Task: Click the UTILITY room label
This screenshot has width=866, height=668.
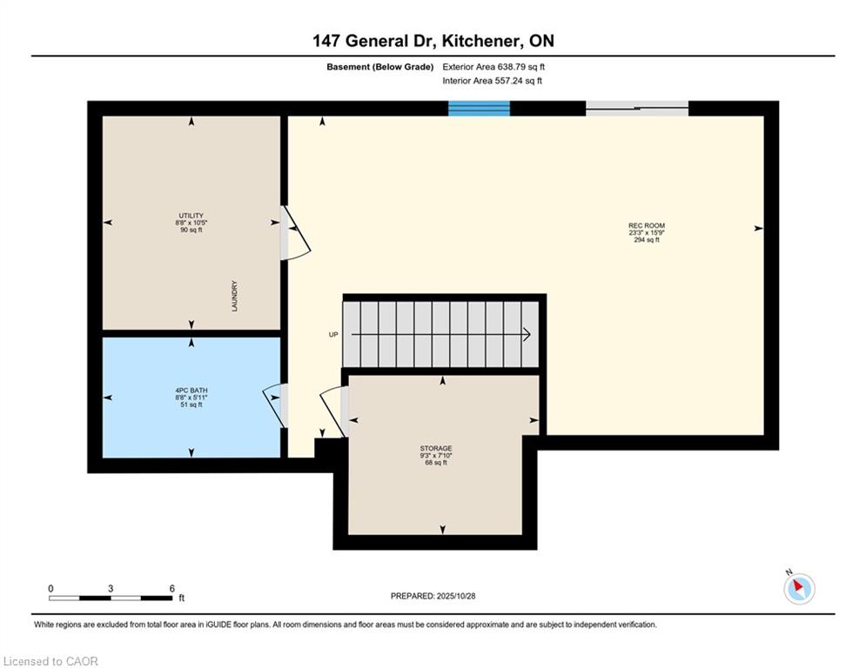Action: click(x=191, y=216)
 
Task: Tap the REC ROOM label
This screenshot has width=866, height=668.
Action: click(x=646, y=226)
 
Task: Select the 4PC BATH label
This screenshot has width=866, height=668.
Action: click(x=191, y=391)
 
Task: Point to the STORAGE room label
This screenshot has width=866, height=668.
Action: click(x=436, y=448)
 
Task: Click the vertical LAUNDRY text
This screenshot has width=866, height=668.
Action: click(x=235, y=296)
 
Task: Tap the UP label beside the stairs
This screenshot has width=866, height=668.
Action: click(x=333, y=335)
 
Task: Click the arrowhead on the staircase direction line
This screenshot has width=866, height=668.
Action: click(x=527, y=335)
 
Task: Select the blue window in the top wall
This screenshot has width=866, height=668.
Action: click(x=479, y=108)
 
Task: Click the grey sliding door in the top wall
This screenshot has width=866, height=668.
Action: click(x=637, y=108)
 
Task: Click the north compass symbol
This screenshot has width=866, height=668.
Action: click(x=799, y=588)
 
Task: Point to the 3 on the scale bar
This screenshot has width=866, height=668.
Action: click(x=111, y=589)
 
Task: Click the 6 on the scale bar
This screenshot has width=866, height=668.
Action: click(x=171, y=589)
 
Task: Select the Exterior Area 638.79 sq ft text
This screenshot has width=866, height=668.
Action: click(x=493, y=67)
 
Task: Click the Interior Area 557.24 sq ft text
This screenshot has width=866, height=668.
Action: click(x=492, y=81)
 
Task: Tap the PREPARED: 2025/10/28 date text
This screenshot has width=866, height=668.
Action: click(x=433, y=596)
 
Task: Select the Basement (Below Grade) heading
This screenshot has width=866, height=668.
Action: click(x=380, y=67)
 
